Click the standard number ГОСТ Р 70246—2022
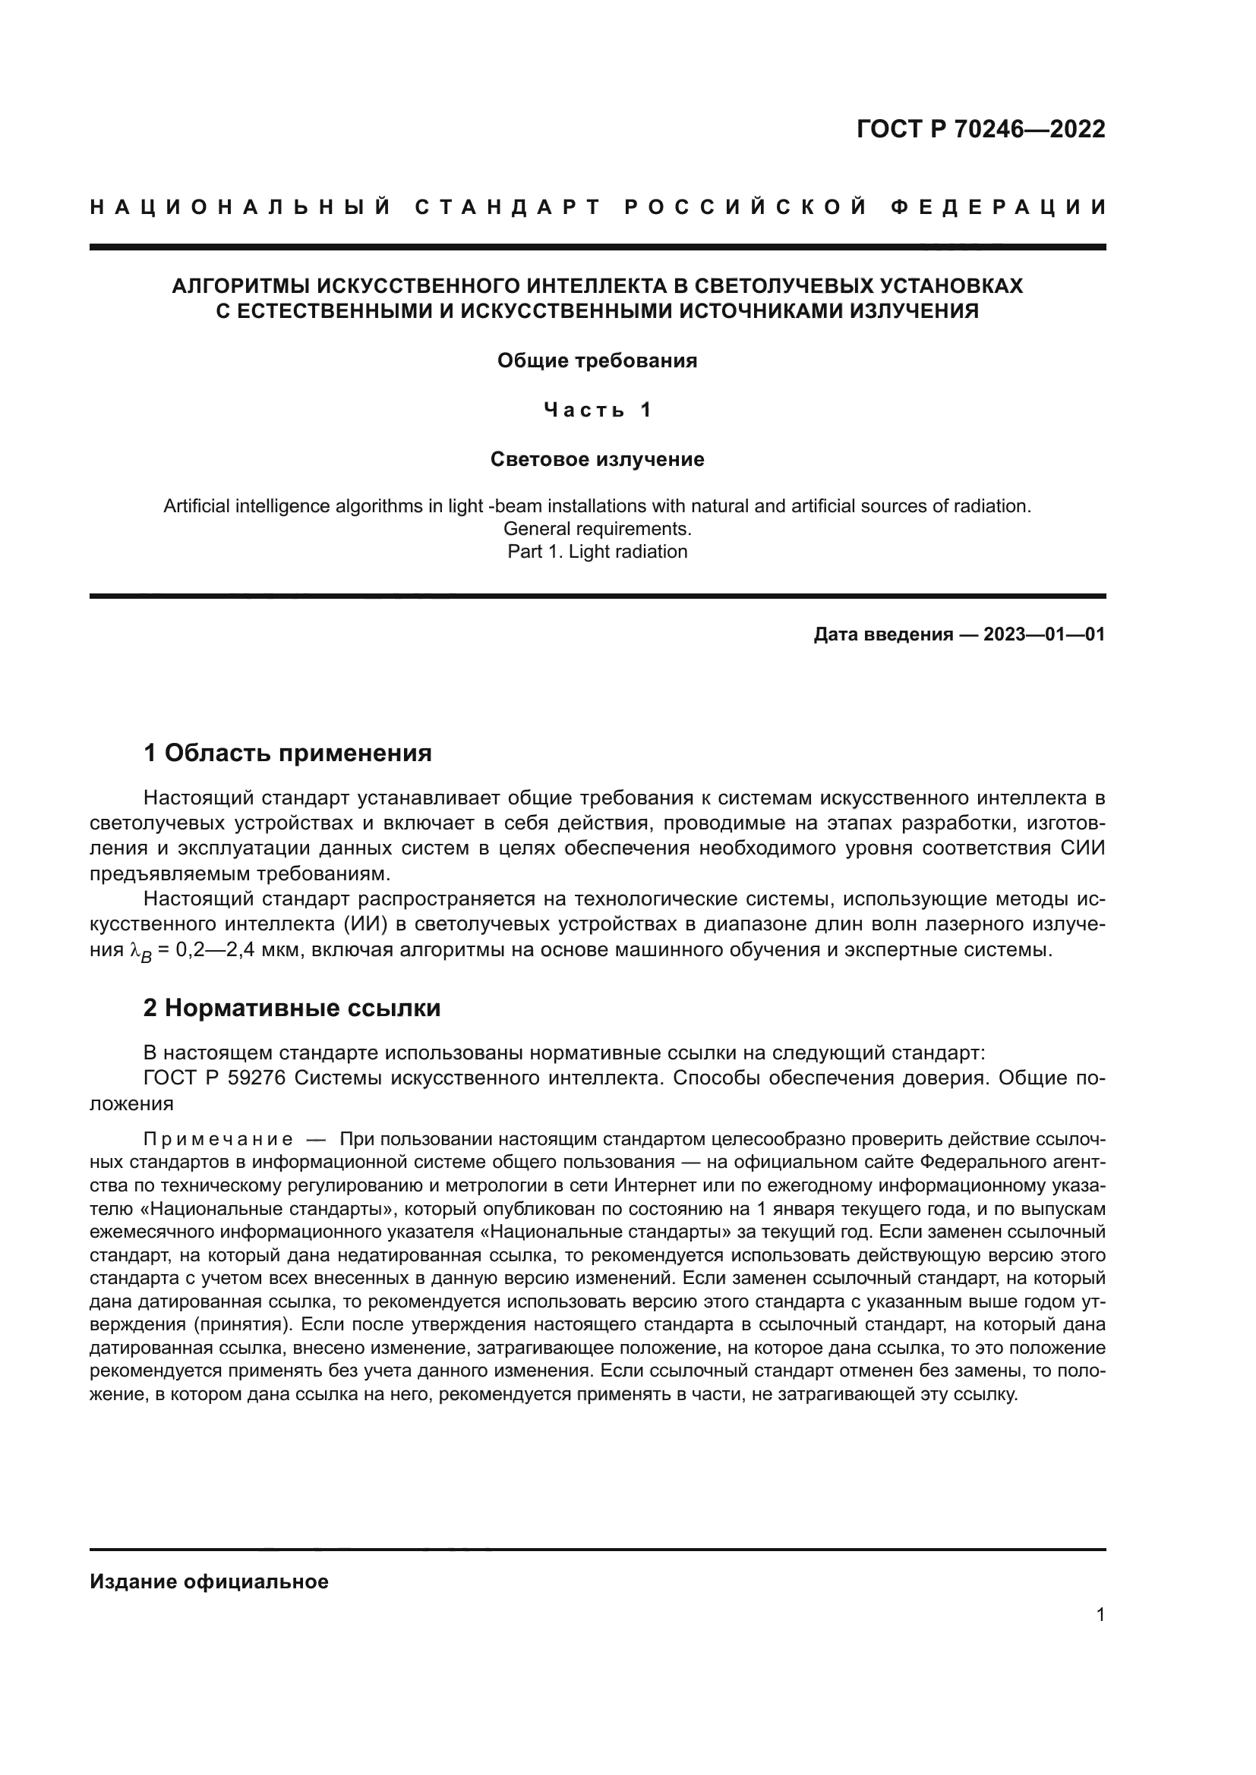(x=980, y=129)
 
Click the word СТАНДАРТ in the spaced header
(x=508, y=207)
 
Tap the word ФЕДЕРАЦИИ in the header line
(x=998, y=207)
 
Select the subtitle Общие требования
(x=596, y=361)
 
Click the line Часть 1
(x=596, y=410)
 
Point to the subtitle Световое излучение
(x=596, y=459)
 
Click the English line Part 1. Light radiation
(x=596, y=551)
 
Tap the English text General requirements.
(x=596, y=529)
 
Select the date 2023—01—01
(x=1043, y=634)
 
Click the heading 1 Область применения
(x=287, y=752)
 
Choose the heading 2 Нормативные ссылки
(x=292, y=1007)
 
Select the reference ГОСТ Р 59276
(x=214, y=1078)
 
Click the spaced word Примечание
(x=218, y=1140)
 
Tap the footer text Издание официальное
(x=209, y=1581)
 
